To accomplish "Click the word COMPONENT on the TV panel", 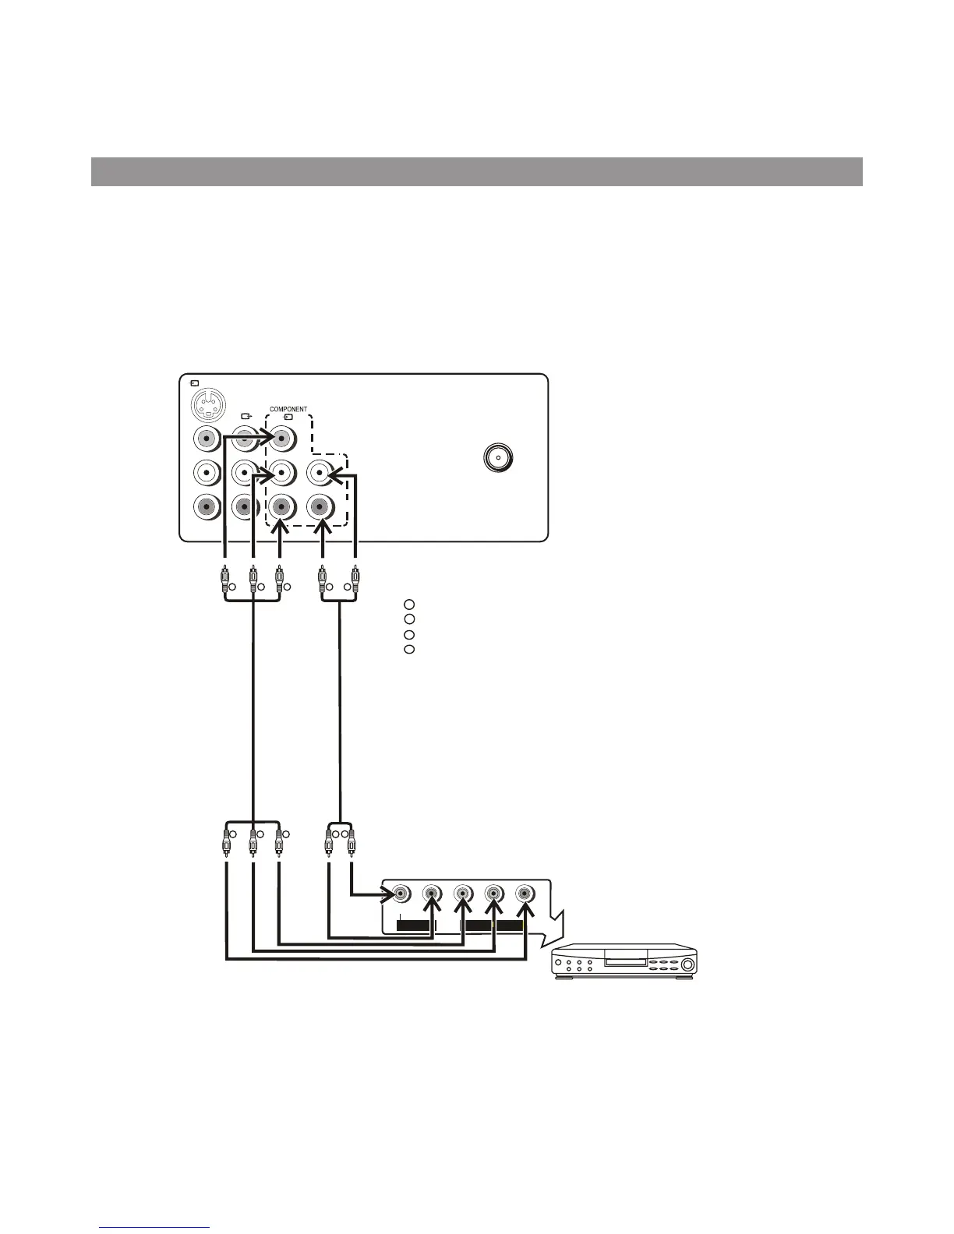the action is [288, 409].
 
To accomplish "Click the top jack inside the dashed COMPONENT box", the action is [281, 439].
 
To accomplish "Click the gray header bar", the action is [476, 171].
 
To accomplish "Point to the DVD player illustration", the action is [624, 961].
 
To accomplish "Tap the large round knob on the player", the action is [687, 966].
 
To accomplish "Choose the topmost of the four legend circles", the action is [409, 604].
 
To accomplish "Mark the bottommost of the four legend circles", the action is [409, 649].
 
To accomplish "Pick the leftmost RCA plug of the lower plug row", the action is [225, 841].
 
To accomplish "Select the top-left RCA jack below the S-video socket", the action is [207, 439].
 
